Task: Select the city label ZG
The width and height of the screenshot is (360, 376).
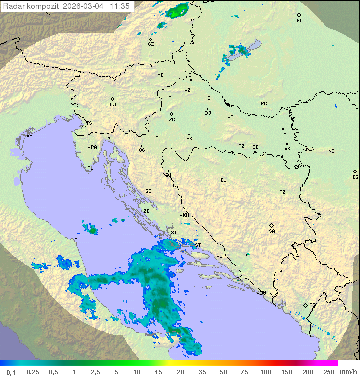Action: click(172, 120)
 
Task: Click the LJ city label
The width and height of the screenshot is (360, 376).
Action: click(113, 105)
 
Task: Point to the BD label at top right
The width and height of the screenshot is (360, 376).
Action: click(299, 21)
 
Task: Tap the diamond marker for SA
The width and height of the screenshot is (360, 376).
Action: click(272, 225)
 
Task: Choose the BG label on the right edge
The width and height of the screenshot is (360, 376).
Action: click(355, 177)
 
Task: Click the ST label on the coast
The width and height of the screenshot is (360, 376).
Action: click(198, 245)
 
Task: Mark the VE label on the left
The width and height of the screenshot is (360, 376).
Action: click(29, 136)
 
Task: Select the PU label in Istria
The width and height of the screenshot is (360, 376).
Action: click(90, 168)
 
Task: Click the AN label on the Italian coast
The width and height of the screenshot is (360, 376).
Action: click(77, 240)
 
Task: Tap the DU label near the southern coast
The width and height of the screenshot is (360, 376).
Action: click(262, 293)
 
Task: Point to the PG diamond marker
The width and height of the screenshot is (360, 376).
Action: click(305, 305)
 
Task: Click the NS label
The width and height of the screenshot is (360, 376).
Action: click(331, 151)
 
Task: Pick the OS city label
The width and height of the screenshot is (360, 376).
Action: click(283, 134)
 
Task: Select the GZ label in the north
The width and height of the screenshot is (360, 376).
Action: click(151, 44)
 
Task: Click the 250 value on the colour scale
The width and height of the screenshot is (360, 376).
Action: click(329, 372)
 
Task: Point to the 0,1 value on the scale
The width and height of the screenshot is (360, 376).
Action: click(11, 372)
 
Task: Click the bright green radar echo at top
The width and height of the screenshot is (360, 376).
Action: click(178, 10)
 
